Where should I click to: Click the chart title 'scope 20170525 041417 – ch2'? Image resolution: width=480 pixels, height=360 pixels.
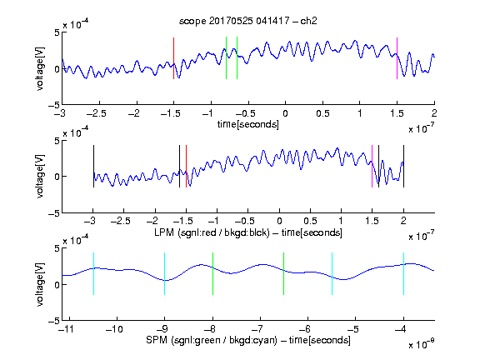tap(248, 21)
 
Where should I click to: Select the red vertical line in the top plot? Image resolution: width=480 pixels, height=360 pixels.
tap(173, 58)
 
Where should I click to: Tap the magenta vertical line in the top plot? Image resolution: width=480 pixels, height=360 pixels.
tap(397, 58)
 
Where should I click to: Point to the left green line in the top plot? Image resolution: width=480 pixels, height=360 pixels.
tap(226, 57)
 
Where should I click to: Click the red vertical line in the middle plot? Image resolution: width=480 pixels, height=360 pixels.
tap(186, 166)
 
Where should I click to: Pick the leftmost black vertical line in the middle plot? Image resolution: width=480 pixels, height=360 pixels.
tap(93, 166)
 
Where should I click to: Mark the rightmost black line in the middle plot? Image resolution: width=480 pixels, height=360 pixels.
tap(403, 166)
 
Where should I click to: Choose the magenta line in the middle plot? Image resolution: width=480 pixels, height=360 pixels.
tap(372, 166)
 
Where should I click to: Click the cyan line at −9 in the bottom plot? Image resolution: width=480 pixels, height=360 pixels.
tap(165, 273)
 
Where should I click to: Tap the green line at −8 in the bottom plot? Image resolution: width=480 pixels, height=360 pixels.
tap(212, 273)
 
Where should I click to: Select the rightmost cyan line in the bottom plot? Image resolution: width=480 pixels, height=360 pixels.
tap(403, 273)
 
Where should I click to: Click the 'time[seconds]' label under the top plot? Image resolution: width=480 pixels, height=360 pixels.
tap(248, 124)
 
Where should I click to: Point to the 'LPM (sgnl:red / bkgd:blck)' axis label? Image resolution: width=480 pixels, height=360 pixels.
tap(212, 232)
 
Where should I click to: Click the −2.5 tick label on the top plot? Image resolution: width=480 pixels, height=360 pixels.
tap(96, 113)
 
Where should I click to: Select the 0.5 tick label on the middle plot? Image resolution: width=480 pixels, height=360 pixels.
tap(310, 221)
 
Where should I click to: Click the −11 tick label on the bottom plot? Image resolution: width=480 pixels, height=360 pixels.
tap(67, 329)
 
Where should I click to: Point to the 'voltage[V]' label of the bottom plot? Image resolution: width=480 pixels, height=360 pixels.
tap(40, 284)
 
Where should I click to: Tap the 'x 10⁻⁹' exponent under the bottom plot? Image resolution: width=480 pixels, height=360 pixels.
tap(421, 343)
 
